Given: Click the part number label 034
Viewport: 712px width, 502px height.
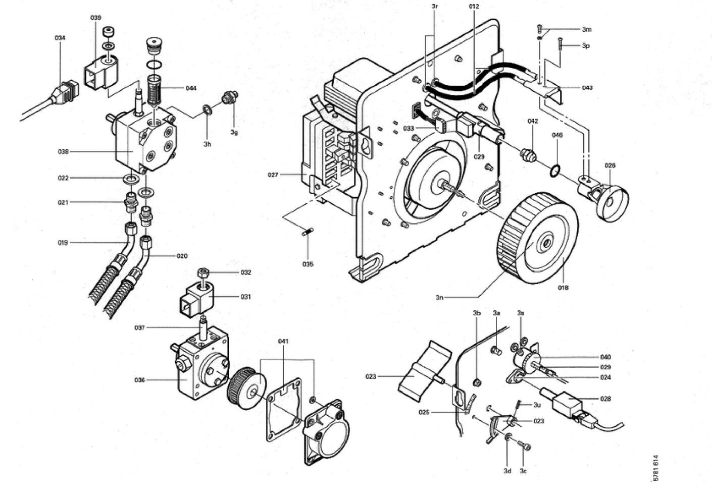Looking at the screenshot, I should tap(60, 38).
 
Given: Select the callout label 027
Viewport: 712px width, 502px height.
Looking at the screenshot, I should tap(273, 175).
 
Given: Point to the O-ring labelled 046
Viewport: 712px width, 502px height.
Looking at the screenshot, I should tap(554, 171).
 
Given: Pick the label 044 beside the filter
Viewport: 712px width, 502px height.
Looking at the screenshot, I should tap(191, 88).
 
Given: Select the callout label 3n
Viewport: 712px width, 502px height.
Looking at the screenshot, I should tap(439, 298).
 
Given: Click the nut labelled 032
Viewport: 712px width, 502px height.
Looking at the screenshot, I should tap(204, 273).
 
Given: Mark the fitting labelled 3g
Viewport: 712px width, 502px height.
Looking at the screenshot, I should tap(232, 96).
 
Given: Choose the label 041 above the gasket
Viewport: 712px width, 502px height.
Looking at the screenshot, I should tap(283, 342).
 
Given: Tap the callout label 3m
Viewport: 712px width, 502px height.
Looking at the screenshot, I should tap(586, 29).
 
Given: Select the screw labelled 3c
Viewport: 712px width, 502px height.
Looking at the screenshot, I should tap(525, 445).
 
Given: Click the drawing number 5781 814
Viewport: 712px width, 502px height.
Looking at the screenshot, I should tap(655, 468).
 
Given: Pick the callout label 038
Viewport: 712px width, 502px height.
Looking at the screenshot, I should tap(63, 151).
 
